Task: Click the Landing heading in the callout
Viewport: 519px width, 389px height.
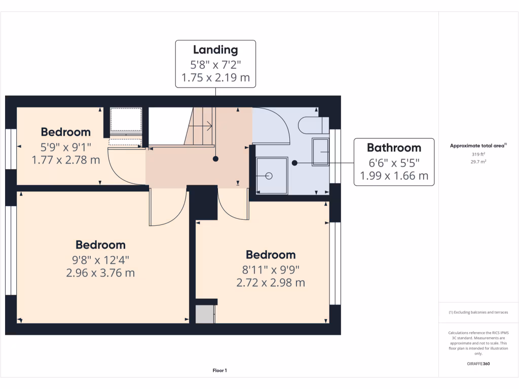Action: click(215, 50)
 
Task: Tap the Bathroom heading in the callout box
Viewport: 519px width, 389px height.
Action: click(394, 147)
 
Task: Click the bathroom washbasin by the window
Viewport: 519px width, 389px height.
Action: click(320, 151)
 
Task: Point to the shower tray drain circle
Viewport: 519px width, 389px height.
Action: click(269, 176)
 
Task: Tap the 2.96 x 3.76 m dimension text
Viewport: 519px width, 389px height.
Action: click(100, 273)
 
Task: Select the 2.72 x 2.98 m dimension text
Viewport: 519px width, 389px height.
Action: click(271, 283)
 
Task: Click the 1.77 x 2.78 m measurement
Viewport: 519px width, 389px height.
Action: click(66, 160)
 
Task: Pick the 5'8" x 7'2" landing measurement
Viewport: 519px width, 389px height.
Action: click(215, 64)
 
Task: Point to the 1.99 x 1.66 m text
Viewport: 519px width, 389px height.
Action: click(394, 176)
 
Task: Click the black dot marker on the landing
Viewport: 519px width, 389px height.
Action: click(215, 159)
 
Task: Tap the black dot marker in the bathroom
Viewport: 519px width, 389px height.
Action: click(294, 163)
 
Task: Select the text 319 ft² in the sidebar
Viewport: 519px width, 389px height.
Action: click(478, 154)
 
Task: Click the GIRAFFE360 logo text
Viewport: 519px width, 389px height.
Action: click(478, 364)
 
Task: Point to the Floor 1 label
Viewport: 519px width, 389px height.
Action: click(219, 371)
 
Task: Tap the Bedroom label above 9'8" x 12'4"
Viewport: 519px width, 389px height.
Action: click(100, 245)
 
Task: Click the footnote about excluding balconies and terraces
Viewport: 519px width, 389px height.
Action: click(478, 313)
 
